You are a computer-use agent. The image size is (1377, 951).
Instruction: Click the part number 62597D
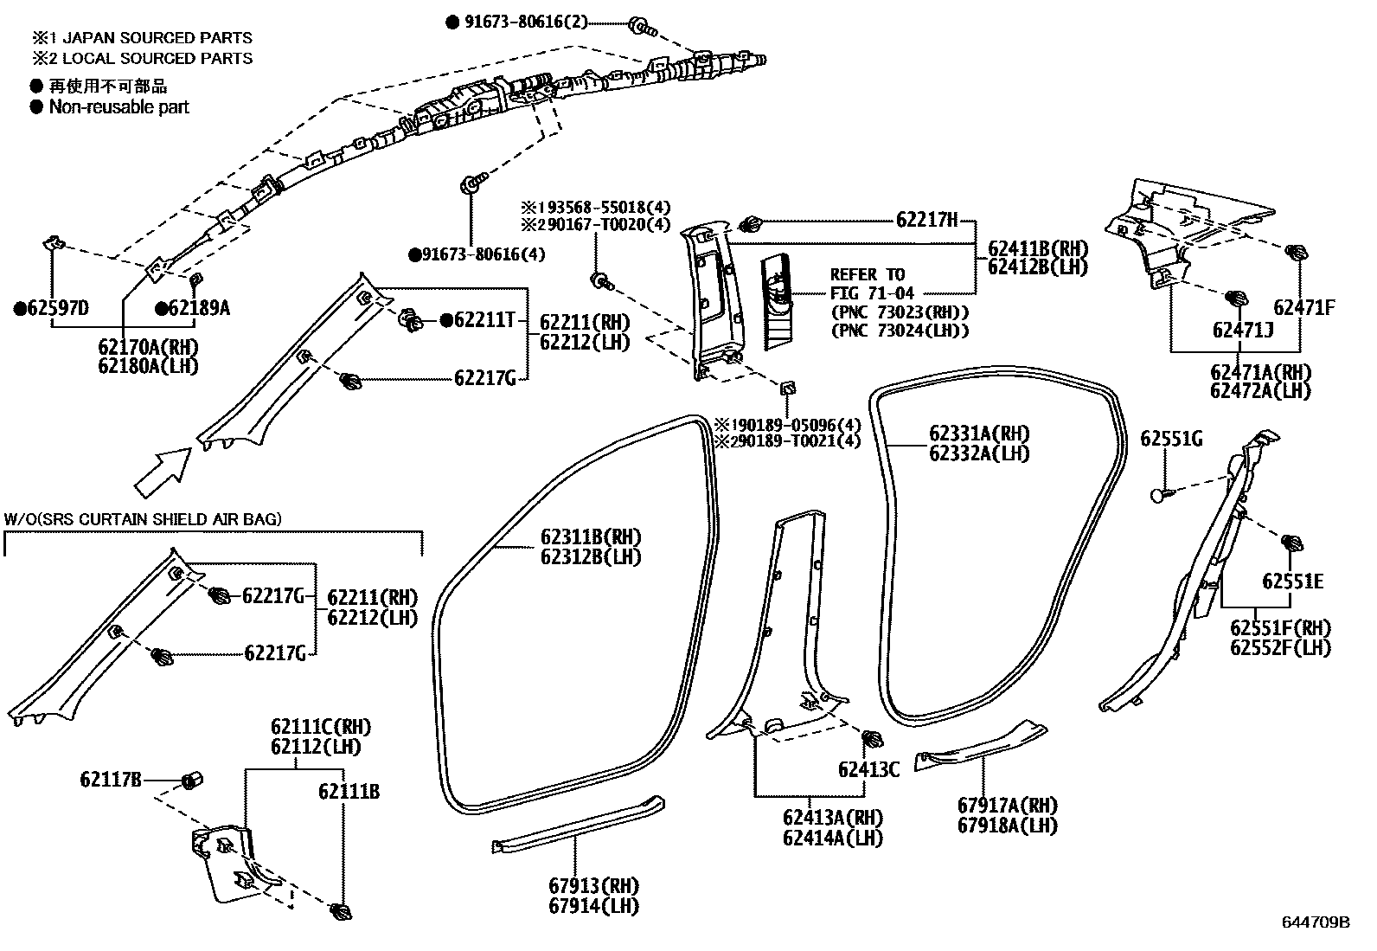(57, 309)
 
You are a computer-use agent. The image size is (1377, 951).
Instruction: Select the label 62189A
(199, 309)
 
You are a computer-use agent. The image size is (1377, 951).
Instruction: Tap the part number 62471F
(1303, 306)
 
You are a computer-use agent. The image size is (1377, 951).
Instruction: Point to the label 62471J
(1242, 330)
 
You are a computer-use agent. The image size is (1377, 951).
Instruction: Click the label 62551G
(1171, 440)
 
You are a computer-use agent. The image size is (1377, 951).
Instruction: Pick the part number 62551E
(1292, 582)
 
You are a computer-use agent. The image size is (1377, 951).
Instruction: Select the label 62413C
(868, 769)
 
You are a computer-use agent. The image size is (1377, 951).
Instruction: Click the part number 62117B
(111, 780)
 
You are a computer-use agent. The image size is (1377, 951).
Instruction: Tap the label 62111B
(349, 792)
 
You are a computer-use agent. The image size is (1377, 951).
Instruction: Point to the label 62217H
(926, 221)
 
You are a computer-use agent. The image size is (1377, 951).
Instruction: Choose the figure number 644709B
(1316, 922)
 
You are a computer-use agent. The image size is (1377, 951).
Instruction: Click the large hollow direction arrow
(163, 468)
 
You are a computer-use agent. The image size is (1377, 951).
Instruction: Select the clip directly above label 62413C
(874, 740)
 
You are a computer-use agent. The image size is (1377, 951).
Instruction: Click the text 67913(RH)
(592, 886)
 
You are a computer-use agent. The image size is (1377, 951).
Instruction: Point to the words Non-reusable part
(118, 107)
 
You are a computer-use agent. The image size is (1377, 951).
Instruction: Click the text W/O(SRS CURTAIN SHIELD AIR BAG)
(143, 519)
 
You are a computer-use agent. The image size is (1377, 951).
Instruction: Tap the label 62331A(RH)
(979, 434)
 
